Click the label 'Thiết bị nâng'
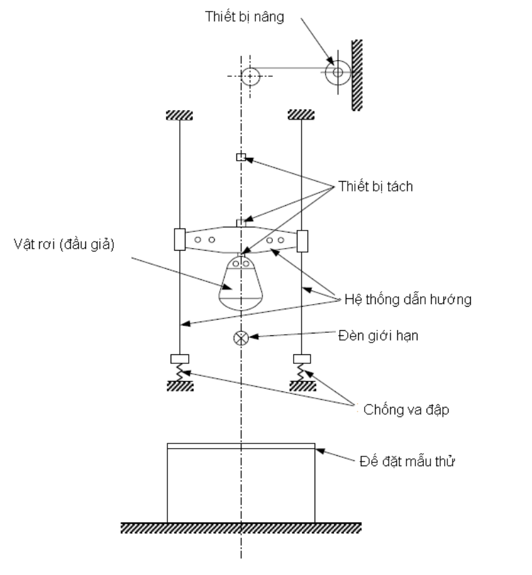245,17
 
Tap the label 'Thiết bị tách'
376,186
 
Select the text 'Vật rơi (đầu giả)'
64,244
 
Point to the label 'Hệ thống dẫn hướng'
408,300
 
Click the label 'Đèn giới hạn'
378,335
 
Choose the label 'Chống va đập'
406,410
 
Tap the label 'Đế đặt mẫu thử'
408,461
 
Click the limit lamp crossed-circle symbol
241,338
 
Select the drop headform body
241,284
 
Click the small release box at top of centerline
241,157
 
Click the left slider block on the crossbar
180,240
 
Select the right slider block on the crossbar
302,241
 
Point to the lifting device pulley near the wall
338,72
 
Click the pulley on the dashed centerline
250,76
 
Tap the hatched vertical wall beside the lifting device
357,75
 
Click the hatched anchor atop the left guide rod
179,115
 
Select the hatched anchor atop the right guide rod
301,115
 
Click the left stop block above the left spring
180,359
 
